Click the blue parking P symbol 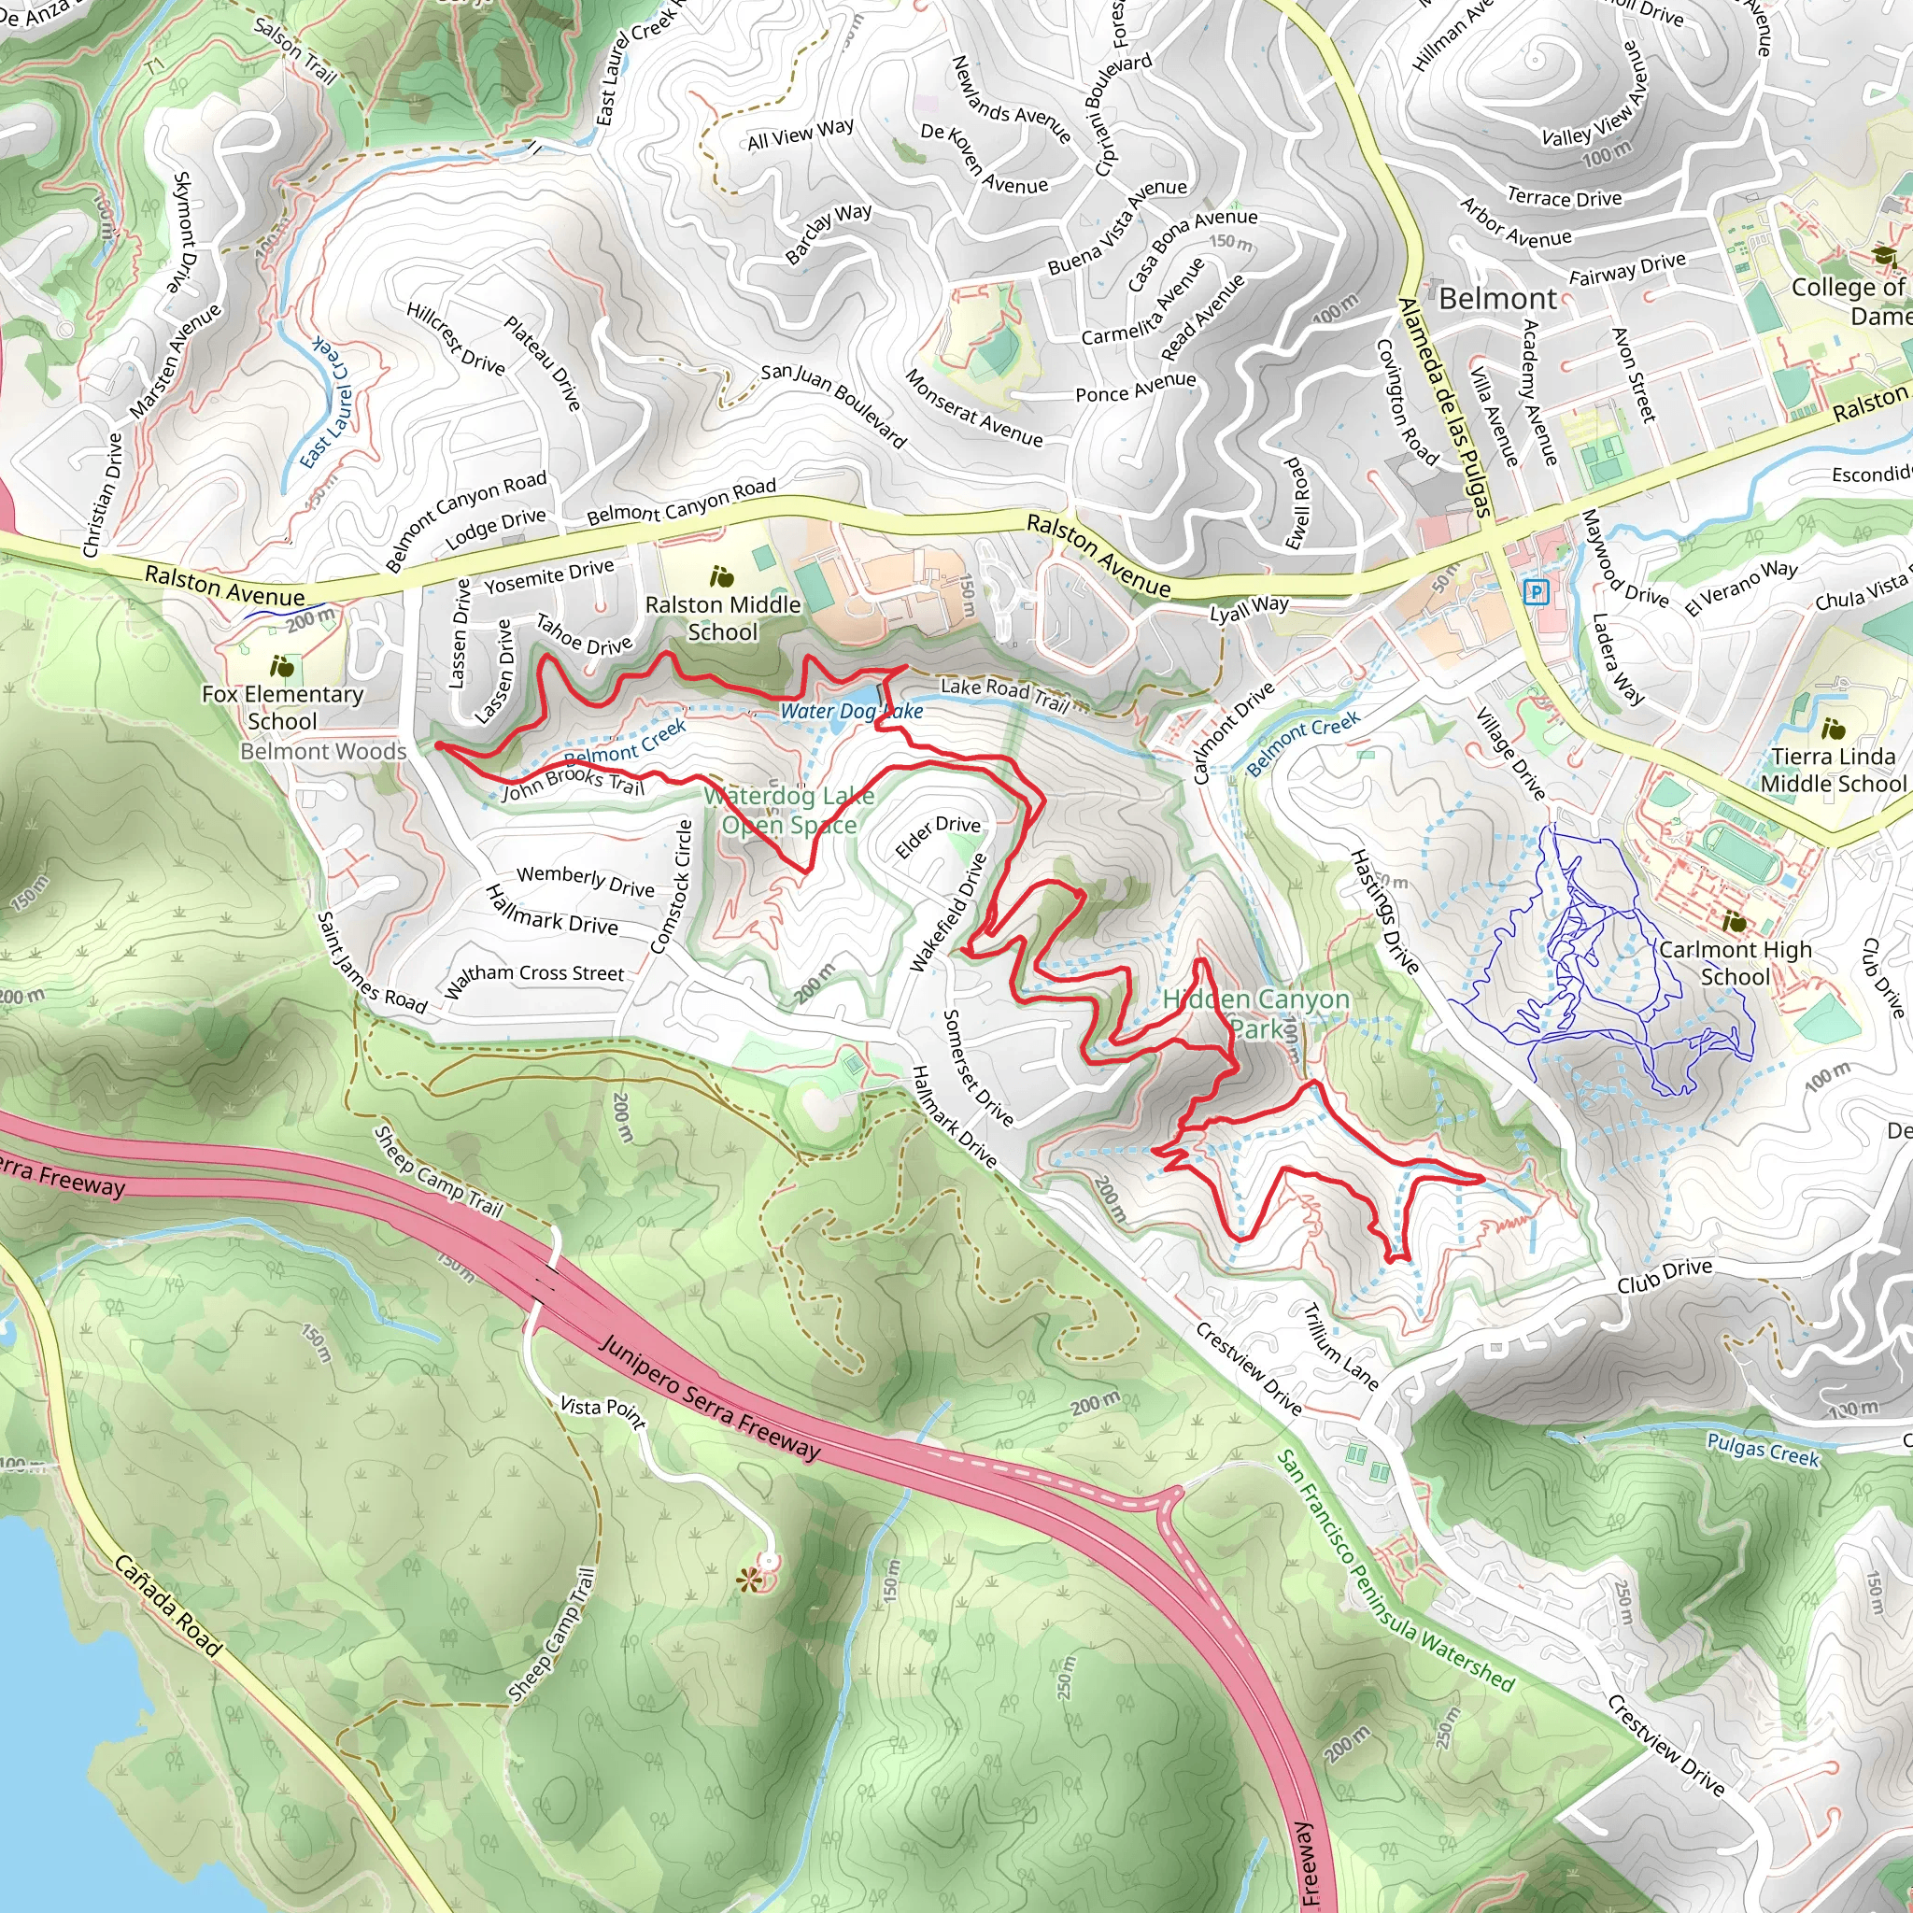pos(1536,592)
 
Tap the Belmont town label pos(1497,298)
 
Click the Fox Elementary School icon pos(282,665)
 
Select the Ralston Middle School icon pos(722,576)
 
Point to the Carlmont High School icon pos(1735,922)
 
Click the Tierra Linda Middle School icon pos(1833,729)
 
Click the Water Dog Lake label pos(852,711)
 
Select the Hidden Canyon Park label pos(1255,1013)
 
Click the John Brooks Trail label pos(574,783)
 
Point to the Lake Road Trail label pos(1004,693)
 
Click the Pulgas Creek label pos(1763,1450)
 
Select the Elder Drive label pos(937,836)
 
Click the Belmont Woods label pos(324,752)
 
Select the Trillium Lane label pos(1339,1346)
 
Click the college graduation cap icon pos(1883,257)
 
